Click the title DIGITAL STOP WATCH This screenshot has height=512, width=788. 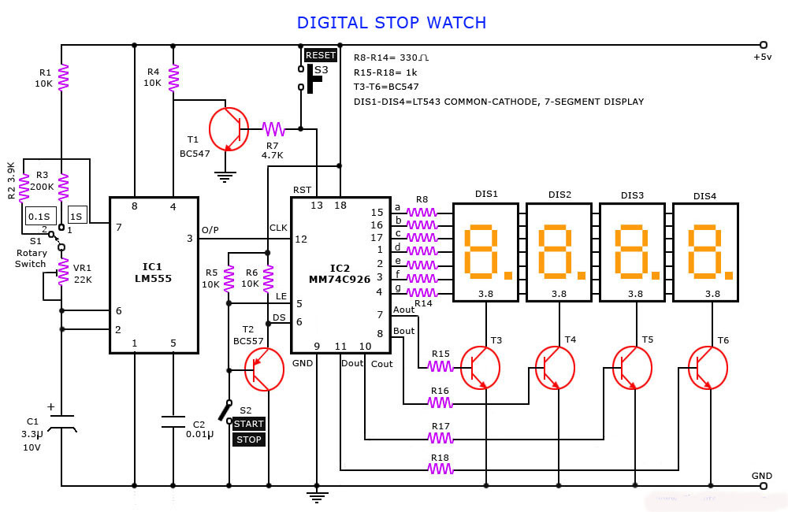click(392, 22)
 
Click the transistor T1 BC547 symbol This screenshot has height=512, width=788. click(229, 128)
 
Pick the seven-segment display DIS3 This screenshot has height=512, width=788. click(633, 253)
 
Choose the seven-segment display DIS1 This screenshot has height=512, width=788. click(486, 253)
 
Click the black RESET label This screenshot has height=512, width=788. click(321, 55)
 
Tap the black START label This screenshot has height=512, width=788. click(249, 424)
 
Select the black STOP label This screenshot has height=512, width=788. click(249, 440)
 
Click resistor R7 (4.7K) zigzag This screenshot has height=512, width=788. click(273, 128)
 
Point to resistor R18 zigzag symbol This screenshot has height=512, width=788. click(440, 469)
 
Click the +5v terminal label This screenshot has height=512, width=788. click(761, 58)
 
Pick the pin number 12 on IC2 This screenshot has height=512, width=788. click(301, 239)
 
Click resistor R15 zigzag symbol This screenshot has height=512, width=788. click(440, 365)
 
